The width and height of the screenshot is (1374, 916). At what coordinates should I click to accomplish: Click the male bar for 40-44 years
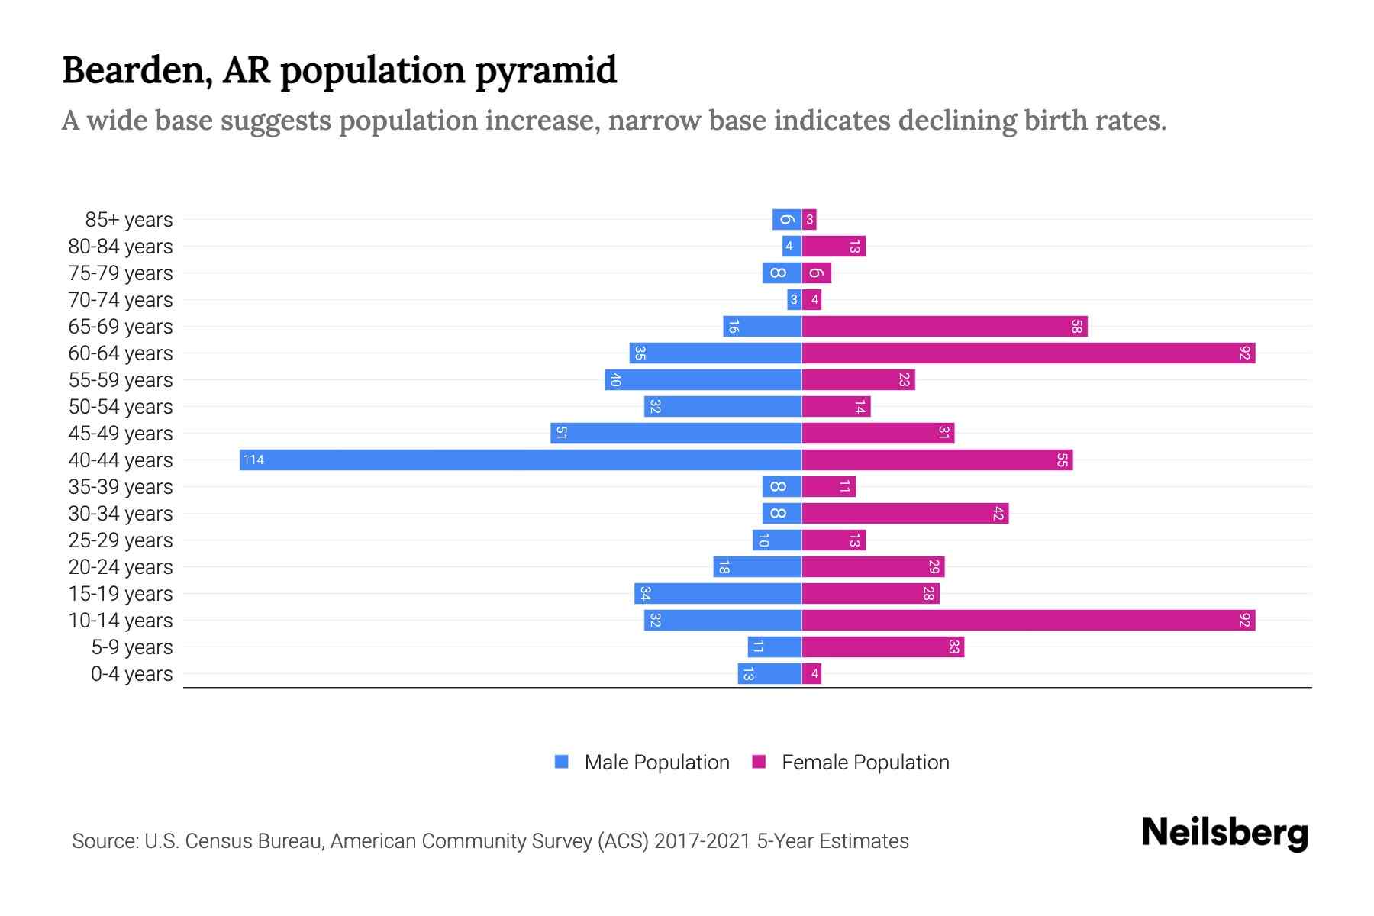tap(521, 460)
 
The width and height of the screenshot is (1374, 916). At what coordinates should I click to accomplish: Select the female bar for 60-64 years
tap(1028, 353)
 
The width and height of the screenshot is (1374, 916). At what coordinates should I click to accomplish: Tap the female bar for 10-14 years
tap(1028, 620)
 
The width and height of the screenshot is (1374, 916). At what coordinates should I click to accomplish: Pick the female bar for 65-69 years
tap(944, 327)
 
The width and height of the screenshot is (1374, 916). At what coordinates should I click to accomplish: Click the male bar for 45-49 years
tap(676, 433)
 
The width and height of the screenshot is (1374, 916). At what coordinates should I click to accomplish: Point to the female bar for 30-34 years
tap(905, 513)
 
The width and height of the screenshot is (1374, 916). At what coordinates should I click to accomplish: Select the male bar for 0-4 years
tap(769, 673)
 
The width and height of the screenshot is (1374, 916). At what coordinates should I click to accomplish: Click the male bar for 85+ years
tap(786, 220)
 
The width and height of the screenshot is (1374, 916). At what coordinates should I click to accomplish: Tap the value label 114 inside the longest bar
tap(253, 460)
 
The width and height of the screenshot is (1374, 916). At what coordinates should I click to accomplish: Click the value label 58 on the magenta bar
tap(1076, 327)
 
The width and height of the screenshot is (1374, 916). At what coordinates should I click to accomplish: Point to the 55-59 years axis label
tap(121, 380)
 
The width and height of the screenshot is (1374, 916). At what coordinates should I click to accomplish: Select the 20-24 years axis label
tap(121, 567)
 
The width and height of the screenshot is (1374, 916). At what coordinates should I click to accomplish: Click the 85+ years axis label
tap(129, 220)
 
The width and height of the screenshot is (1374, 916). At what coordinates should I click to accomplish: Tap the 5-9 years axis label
tap(132, 647)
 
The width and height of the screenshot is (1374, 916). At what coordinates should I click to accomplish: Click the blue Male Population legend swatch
tap(562, 762)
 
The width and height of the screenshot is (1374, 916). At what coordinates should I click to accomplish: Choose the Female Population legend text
tap(865, 762)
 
